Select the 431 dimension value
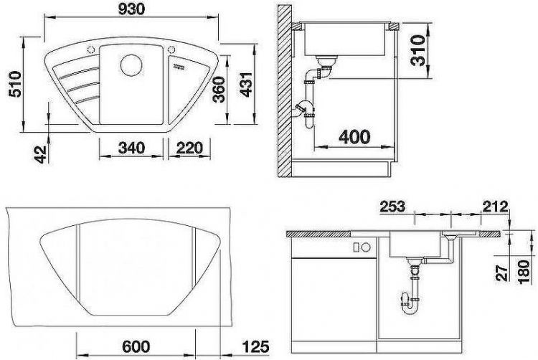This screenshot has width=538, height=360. pyautogui.click(x=245, y=89)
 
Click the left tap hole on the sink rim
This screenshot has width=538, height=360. pyautogui.click(x=91, y=49)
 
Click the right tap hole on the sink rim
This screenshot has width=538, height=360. pyautogui.click(x=173, y=49)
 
